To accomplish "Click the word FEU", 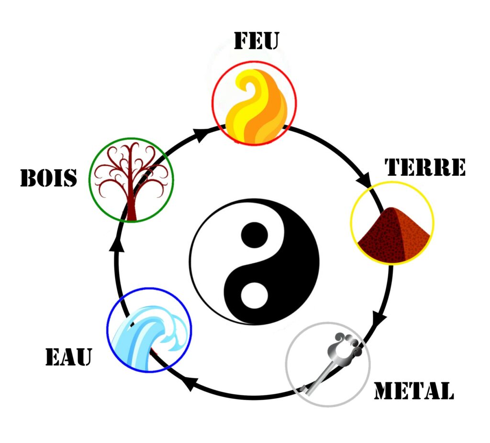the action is pos(256,41).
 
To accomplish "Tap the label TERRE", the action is pos(425,167).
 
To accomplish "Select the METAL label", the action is pos(414,390).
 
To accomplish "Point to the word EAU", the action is pos(69,357).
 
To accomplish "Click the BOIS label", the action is pos(48,178).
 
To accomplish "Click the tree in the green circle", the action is pos(131,181).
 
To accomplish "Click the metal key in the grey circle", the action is pos(331,364).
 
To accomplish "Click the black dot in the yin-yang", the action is pos(255,235).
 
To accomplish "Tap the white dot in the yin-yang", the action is pos(255,295).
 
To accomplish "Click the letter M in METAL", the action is pos(385,390).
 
